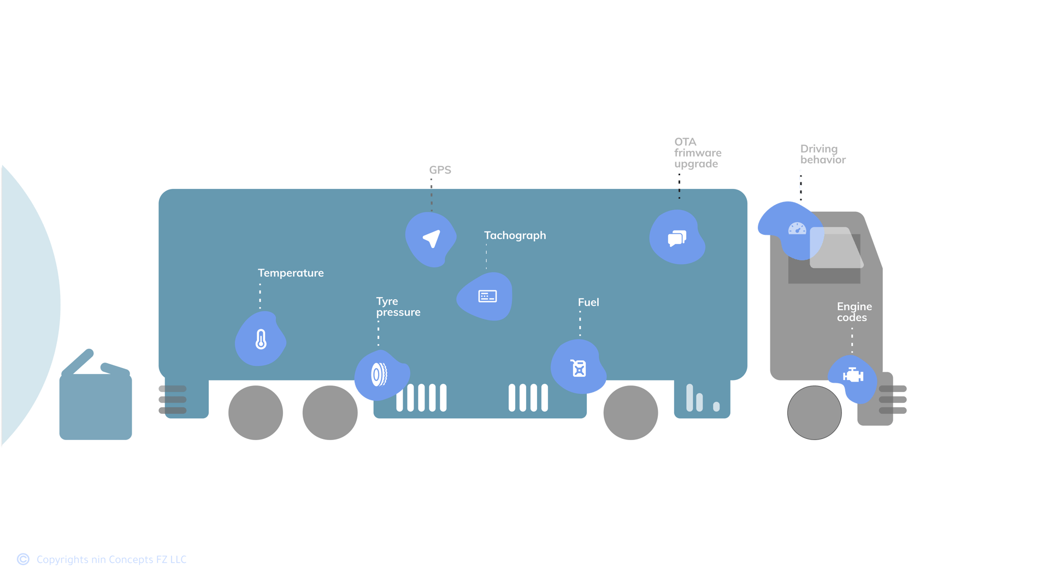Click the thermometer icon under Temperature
coord(261,339)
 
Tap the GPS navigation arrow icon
coord(432,239)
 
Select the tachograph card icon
coord(487,296)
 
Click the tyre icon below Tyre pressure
coord(379,375)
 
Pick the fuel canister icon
coord(579,368)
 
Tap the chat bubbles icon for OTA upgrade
coord(677,238)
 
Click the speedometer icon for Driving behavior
coord(797,229)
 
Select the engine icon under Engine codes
coord(853,376)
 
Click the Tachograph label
coord(515,235)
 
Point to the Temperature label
coord(291,273)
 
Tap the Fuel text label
coord(588,302)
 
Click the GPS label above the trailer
coord(440,170)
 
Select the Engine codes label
coord(854,312)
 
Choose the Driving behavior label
coord(822,155)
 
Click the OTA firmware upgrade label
coord(697,153)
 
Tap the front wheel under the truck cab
coord(814,413)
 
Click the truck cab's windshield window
coord(836,248)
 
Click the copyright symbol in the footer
coord(23,559)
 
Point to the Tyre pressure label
coord(398,307)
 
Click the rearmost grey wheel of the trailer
coord(256,413)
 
